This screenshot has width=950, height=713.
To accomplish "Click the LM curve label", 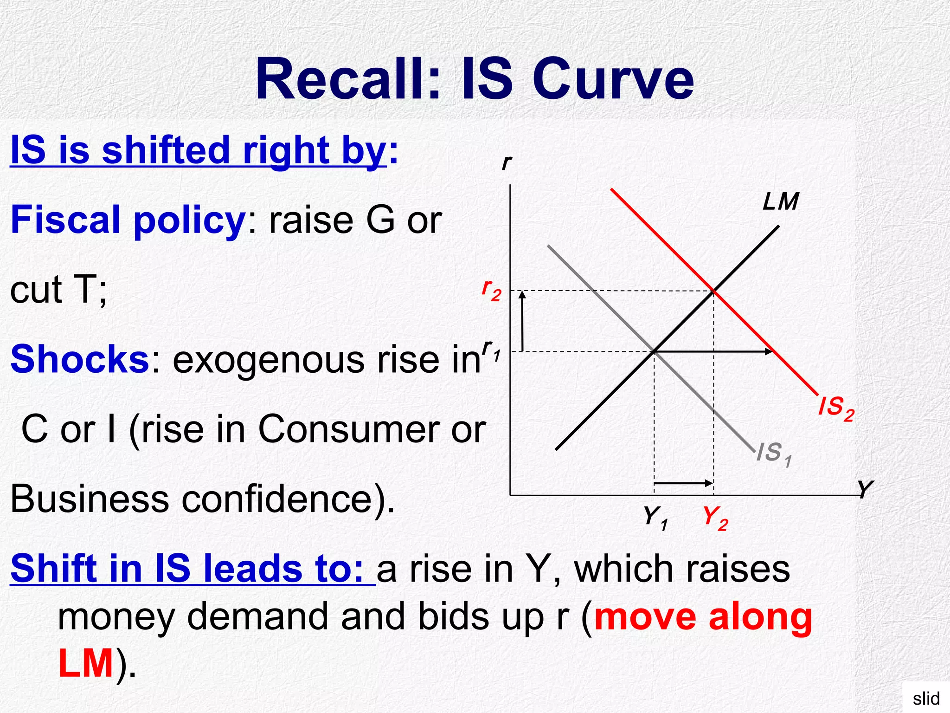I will pyautogui.click(x=781, y=202).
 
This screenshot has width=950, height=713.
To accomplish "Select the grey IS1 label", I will pyautogui.click(x=774, y=454).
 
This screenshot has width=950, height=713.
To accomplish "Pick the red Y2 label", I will pyautogui.click(x=715, y=518).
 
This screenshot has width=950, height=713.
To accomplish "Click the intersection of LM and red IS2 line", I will pyautogui.click(x=713, y=291).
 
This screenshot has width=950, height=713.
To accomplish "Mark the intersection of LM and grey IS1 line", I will pyautogui.click(x=654, y=351).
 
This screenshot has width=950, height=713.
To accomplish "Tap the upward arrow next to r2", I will pyautogui.click(x=522, y=320).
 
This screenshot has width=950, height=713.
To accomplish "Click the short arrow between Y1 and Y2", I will pyautogui.click(x=683, y=483).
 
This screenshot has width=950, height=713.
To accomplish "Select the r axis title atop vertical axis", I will pyautogui.click(x=507, y=162).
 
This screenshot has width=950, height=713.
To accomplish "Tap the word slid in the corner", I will pyautogui.click(x=926, y=698).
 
